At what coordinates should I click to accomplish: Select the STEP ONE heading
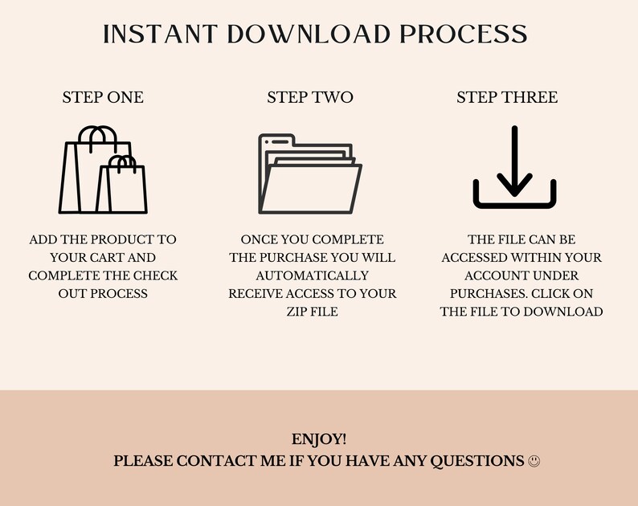click(x=103, y=97)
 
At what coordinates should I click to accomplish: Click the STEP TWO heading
click(x=310, y=97)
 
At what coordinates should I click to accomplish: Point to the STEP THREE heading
click(x=507, y=97)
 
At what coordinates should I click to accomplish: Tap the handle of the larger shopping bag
click(x=96, y=137)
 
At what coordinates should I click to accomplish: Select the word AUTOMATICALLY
click(x=312, y=275)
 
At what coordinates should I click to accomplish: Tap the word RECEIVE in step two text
click(x=258, y=293)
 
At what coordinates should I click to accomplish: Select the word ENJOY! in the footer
click(x=319, y=439)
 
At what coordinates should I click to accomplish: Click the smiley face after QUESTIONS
click(x=534, y=461)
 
